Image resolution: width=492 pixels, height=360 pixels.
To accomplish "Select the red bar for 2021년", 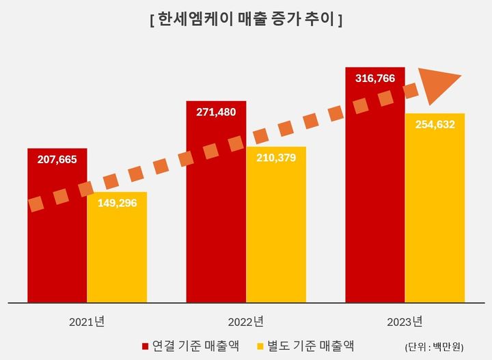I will pyautogui.click(x=57, y=253).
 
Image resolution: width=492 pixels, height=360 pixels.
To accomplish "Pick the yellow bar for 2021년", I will pyautogui.click(x=117, y=260).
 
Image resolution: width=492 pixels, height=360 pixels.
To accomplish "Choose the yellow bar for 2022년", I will pyautogui.click(x=276, y=239).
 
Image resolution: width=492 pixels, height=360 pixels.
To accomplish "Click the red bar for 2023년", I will pyautogui.click(x=375, y=205).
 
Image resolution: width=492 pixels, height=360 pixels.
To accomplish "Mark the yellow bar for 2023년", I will pyautogui.click(x=435, y=219).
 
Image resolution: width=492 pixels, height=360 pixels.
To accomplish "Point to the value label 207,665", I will pyautogui.click(x=57, y=160).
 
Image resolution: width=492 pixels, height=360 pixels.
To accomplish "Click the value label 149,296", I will pyautogui.click(x=117, y=203).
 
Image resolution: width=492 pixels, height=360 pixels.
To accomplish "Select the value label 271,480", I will pyautogui.click(x=216, y=112).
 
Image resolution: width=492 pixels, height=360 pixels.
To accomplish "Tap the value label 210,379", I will pyautogui.click(x=276, y=158).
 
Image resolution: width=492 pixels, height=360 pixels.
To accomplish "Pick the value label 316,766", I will pyautogui.click(x=375, y=79).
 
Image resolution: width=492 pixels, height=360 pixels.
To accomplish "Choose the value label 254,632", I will pyautogui.click(x=435, y=124).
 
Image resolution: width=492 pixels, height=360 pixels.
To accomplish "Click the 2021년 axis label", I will pyautogui.click(x=87, y=321).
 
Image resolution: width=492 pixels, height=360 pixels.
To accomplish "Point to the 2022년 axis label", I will pyautogui.click(x=246, y=321).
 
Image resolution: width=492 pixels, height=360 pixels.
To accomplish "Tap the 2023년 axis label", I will pyautogui.click(x=405, y=321).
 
